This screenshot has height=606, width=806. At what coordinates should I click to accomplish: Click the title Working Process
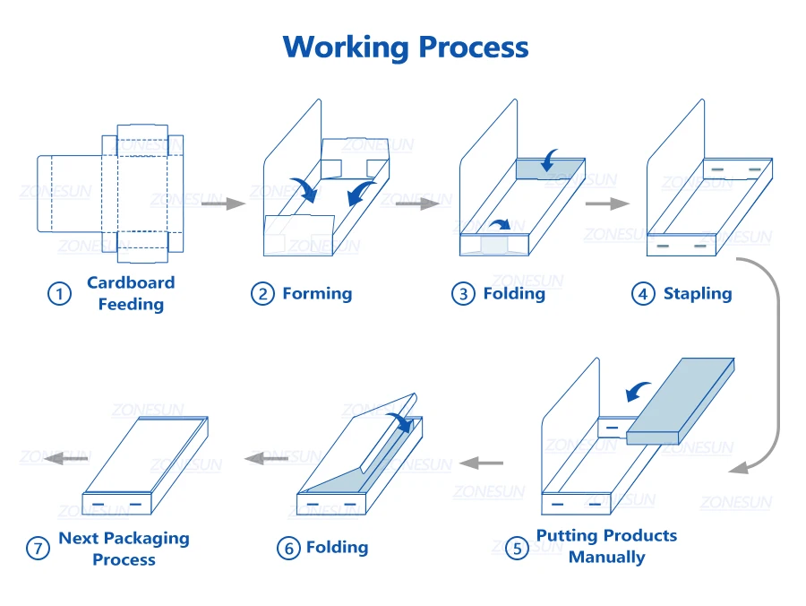[406, 47]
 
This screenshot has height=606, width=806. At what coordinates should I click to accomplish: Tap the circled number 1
[59, 294]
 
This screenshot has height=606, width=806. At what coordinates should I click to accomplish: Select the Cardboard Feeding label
[131, 293]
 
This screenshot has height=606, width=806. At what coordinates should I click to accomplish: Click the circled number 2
[262, 294]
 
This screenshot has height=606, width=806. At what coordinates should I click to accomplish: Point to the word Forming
[317, 293]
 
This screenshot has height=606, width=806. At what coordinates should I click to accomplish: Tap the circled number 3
[463, 294]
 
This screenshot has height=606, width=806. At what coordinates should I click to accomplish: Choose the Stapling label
[697, 293]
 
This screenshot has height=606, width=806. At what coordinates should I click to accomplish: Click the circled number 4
[643, 294]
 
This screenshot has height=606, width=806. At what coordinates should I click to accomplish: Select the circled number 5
[518, 548]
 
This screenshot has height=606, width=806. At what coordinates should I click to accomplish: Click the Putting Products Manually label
[606, 546]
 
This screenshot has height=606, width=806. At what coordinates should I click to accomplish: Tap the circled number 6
[287, 548]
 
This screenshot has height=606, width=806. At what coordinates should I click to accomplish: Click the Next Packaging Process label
[124, 549]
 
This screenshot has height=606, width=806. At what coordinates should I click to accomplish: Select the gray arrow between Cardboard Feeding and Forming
[223, 204]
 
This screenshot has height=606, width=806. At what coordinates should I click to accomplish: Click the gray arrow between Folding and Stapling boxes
[607, 204]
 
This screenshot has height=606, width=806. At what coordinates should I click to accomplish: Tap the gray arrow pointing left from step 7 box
[67, 458]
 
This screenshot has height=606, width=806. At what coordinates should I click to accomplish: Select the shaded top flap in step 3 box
[551, 168]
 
